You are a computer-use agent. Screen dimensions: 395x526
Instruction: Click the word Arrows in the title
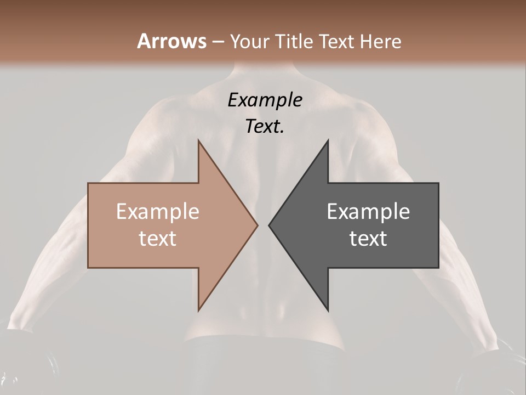tap(171, 41)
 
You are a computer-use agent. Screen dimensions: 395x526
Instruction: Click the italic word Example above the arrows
tap(265, 100)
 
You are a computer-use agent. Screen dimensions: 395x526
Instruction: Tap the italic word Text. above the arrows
tap(265, 126)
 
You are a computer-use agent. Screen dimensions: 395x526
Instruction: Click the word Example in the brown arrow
tap(157, 212)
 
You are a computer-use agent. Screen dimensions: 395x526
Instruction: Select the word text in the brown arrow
tap(157, 239)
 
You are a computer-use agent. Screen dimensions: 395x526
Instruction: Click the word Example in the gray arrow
tap(368, 212)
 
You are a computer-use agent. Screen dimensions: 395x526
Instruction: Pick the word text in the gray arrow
tap(368, 239)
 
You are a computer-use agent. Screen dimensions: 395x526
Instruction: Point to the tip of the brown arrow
tap(257, 225)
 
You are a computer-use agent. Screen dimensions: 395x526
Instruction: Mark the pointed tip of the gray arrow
tap(269, 225)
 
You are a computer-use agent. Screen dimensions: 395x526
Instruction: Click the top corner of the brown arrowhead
tap(198, 140)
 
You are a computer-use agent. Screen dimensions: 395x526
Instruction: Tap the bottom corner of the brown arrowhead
tap(198, 310)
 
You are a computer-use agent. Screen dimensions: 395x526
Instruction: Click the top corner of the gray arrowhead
tap(328, 140)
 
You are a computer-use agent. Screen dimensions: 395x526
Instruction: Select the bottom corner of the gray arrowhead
tap(328, 310)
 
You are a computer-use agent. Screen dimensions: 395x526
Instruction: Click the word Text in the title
tap(336, 42)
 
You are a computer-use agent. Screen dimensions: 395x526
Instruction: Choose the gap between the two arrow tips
tap(263, 225)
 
